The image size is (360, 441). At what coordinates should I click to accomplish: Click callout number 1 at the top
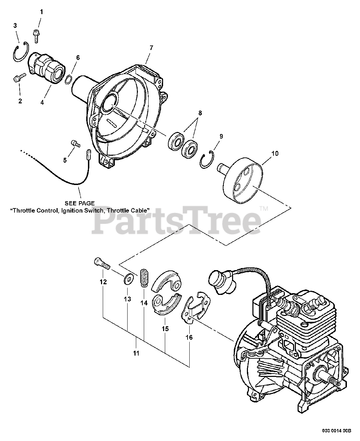click(42, 12)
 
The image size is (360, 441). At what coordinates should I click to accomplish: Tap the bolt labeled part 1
click(36, 35)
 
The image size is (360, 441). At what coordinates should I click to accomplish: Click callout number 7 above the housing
click(151, 48)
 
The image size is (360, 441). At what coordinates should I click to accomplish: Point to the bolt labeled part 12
click(101, 265)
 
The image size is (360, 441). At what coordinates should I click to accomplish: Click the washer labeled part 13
click(128, 279)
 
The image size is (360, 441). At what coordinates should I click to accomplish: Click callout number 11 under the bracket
click(137, 353)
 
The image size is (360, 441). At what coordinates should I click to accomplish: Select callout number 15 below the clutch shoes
click(166, 329)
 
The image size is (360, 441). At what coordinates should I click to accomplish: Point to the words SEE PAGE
click(80, 203)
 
